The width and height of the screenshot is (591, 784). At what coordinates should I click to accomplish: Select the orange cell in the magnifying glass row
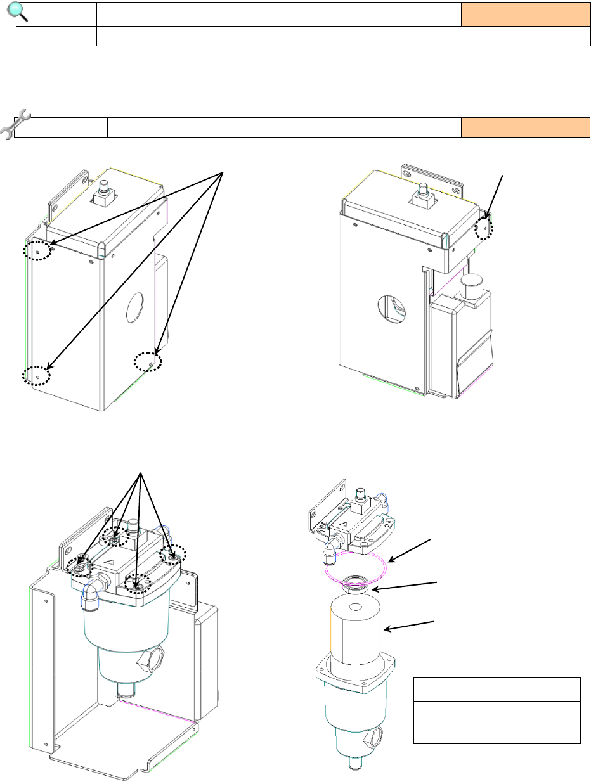521,13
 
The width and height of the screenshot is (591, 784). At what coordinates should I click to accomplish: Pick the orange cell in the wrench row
525,127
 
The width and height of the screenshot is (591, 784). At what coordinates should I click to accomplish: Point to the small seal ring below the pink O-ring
356,584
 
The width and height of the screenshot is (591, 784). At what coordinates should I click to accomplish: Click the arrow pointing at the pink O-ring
412,549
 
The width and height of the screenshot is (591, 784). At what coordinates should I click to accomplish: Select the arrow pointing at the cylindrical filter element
410,625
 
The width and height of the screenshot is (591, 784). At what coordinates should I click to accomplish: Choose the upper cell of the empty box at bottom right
497,689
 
